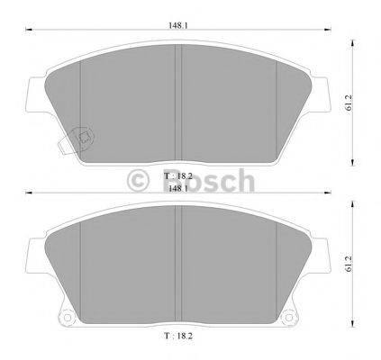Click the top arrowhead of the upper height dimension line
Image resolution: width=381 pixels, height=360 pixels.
tap(352, 39)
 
